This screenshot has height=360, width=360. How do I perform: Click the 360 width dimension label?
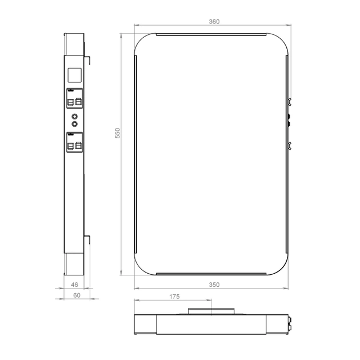(x=214, y=21)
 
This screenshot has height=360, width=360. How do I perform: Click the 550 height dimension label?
(x=117, y=133)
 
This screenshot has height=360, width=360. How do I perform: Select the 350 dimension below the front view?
(x=214, y=284)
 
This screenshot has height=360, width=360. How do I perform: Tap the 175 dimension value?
(x=174, y=297)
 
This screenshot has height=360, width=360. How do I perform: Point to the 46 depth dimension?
(x=74, y=284)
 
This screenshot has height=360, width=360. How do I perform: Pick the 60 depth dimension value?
(x=76, y=295)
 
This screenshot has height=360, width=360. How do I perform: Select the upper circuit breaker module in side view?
(x=75, y=98)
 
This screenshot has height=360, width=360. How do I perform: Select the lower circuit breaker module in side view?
(x=75, y=141)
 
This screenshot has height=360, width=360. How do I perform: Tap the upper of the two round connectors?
(x=75, y=116)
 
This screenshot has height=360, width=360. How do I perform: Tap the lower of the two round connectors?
(x=75, y=123)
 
